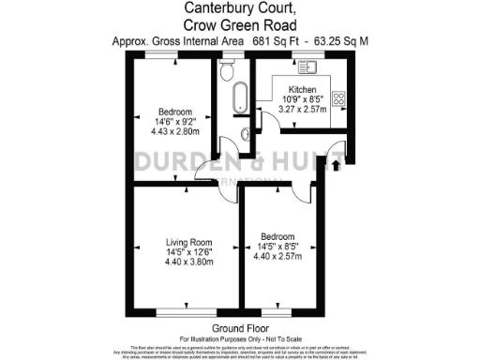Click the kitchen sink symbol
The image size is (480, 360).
tap(306, 67)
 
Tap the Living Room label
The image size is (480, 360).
tap(185, 241)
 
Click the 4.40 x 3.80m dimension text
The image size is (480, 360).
tap(185, 263)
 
